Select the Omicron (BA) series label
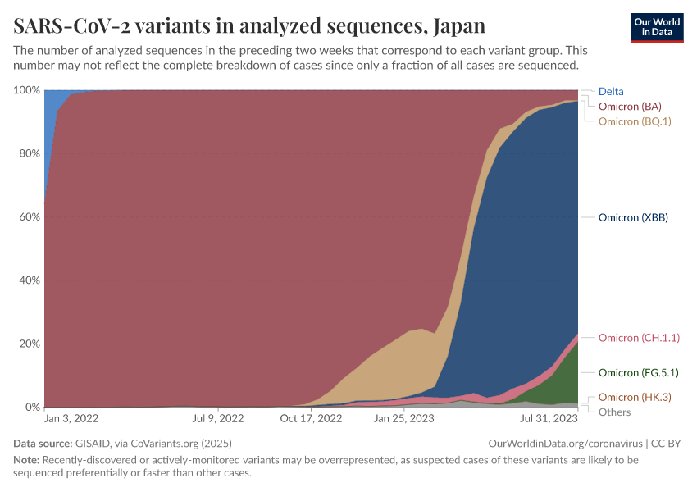[x=630, y=107]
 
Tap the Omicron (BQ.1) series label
[x=635, y=121]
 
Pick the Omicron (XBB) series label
[x=633, y=217]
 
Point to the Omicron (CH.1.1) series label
[x=639, y=338]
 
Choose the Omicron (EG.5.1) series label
[x=638, y=372]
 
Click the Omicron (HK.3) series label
[x=635, y=397]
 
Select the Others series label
[x=615, y=412]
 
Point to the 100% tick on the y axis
[x=27, y=89]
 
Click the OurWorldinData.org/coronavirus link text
[x=565, y=444]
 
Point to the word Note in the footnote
[x=26, y=460]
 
